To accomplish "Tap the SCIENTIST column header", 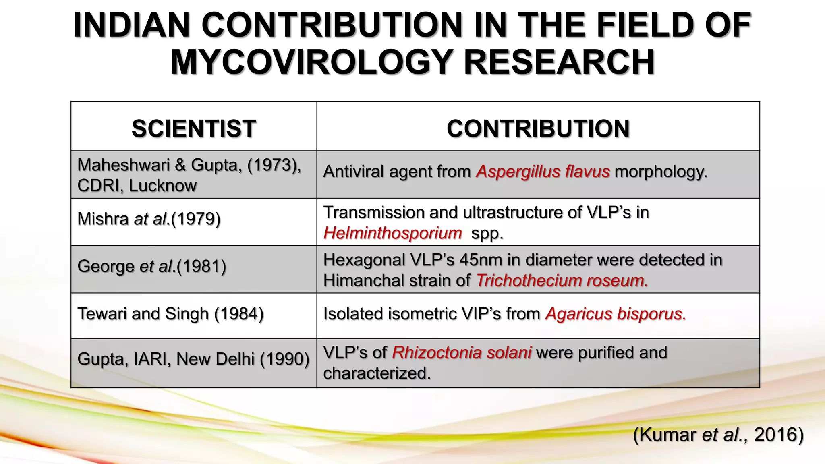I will [x=194, y=128].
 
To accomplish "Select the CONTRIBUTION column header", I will [x=538, y=128].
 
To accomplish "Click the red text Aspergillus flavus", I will [x=543, y=172].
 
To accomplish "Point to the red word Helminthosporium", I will [x=392, y=233].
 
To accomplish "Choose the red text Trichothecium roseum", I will [x=562, y=280].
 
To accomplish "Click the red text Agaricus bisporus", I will [x=615, y=314].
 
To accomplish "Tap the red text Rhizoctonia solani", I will [x=462, y=352].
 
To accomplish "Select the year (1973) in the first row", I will [x=274, y=165].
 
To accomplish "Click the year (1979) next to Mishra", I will [x=196, y=219].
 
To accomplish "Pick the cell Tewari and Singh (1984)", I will [x=170, y=314].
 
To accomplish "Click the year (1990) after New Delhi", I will [x=284, y=359].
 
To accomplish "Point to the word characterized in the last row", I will [x=377, y=373].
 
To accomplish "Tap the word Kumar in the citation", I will [x=665, y=435].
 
